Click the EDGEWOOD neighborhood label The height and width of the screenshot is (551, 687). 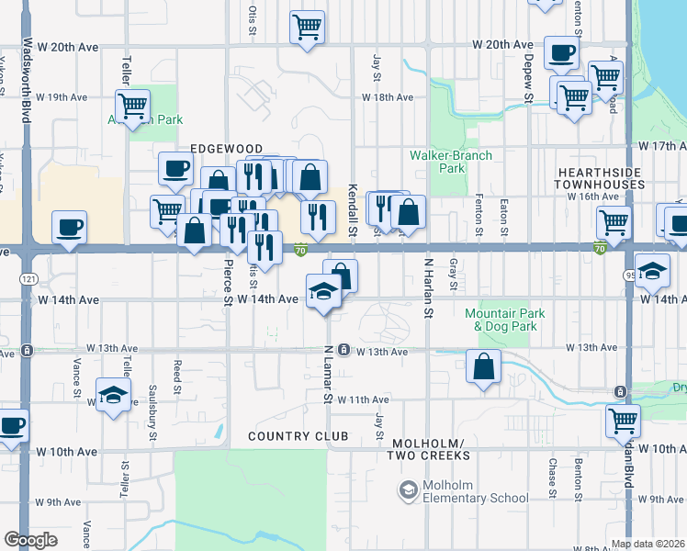coord(226,149)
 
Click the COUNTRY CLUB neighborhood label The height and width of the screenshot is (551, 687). coord(298,436)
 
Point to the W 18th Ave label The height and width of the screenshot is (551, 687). coord(387,97)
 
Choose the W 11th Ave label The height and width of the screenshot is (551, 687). coord(364,399)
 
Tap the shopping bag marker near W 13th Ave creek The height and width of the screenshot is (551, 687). coord(483,367)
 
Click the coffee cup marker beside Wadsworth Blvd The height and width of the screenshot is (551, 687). coord(70,227)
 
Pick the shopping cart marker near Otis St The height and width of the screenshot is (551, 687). coord(307,27)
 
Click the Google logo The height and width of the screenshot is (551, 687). coord(30,540)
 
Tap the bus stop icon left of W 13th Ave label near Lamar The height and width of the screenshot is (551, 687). coord(343,350)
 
